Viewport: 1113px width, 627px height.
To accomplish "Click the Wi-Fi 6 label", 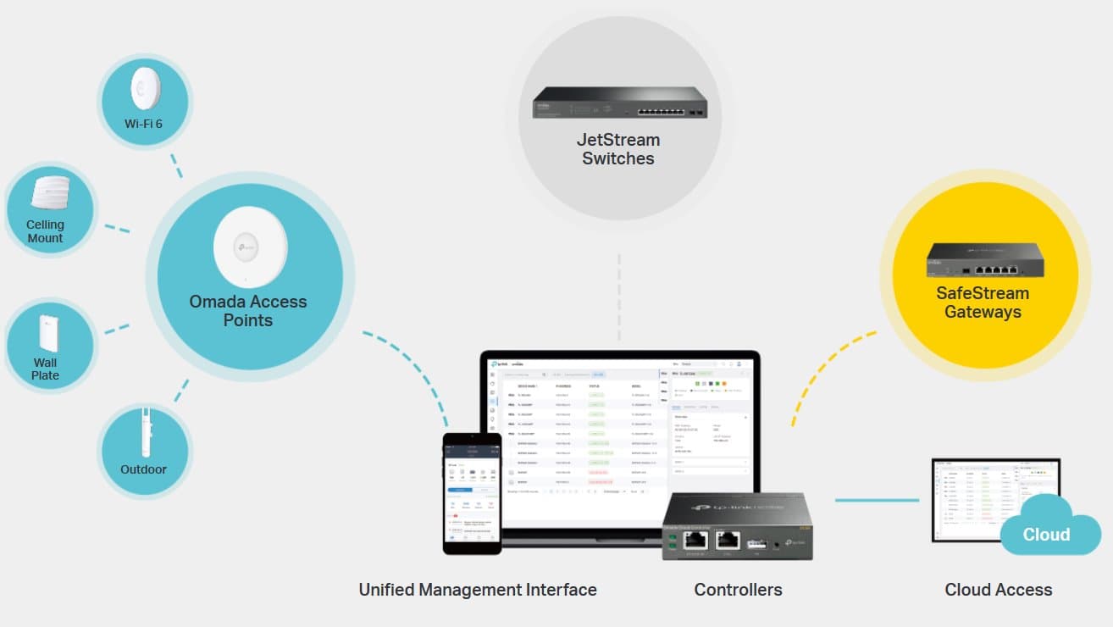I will tap(143, 124).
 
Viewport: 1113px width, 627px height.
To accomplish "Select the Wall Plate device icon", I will tap(47, 333).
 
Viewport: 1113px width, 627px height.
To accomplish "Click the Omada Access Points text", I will tap(248, 311).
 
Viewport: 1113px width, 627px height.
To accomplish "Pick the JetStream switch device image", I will tap(619, 103).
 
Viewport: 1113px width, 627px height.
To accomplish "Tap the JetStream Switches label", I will tap(618, 149).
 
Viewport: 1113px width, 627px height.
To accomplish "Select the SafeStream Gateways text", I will tap(983, 302).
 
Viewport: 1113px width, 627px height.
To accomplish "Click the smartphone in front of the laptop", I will tap(472, 494).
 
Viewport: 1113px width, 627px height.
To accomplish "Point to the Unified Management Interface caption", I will tap(478, 590).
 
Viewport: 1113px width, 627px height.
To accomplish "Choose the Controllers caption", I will tap(738, 590).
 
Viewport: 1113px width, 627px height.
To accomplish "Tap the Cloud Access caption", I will tap(999, 590).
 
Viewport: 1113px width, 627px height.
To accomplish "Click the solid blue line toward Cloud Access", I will tap(877, 500).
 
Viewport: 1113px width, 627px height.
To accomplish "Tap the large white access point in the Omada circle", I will tap(250, 247).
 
